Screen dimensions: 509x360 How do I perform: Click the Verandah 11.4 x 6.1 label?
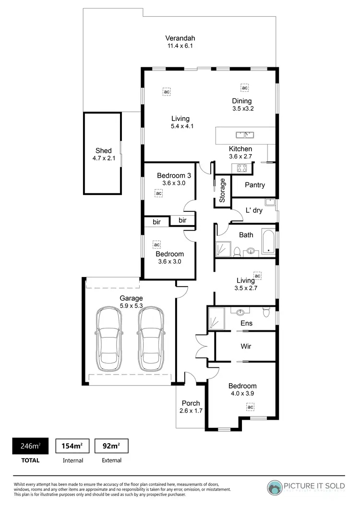[x=180, y=42]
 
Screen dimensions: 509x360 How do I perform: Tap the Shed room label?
[x=103, y=154]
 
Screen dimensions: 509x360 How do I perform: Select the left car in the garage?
[x=108, y=339]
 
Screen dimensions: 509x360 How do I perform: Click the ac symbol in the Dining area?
[x=245, y=88]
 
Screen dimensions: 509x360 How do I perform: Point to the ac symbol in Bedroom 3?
[x=159, y=193]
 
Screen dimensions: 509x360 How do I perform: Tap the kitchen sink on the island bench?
[x=245, y=134]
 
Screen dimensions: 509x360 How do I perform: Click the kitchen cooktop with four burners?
[x=240, y=168]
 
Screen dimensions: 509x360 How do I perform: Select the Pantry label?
[x=254, y=185]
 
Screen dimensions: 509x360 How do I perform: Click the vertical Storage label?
[x=223, y=191]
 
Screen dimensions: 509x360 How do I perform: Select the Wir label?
[x=245, y=346]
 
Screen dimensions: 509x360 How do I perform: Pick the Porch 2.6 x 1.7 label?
[x=191, y=407]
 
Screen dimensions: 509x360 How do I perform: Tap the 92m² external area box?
[x=111, y=446]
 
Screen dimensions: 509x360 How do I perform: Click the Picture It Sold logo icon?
[x=275, y=487]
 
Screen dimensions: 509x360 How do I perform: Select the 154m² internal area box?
[x=72, y=446]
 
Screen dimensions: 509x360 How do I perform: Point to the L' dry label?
[x=254, y=210]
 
